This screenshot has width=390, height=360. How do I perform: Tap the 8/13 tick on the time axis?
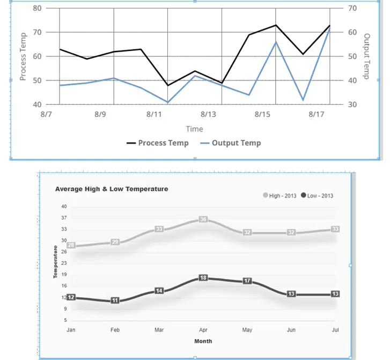tap(208, 114)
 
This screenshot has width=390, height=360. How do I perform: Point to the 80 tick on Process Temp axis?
tap(37, 9)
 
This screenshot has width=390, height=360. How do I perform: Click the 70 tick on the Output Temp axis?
tap(352, 9)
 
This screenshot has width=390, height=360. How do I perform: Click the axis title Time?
tap(194, 129)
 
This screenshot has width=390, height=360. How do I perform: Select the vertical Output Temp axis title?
tap(367, 56)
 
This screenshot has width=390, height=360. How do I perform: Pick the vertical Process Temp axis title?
tap(23, 56)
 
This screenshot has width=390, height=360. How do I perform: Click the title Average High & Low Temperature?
tap(112, 189)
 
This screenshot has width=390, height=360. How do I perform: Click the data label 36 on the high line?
tap(203, 219)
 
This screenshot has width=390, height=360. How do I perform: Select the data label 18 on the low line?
tap(203, 278)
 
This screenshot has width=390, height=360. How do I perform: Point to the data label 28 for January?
tap(71, 245)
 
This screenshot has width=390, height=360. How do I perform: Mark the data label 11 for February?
tap(115, 301)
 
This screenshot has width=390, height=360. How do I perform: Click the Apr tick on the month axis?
tap(203, 330)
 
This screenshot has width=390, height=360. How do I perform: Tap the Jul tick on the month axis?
tap(335, 330)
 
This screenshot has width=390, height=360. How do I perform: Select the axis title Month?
tap(203, 341)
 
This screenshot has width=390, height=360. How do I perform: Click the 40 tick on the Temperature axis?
tap(64, 207)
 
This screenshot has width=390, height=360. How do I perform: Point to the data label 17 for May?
tap(247, 281)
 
